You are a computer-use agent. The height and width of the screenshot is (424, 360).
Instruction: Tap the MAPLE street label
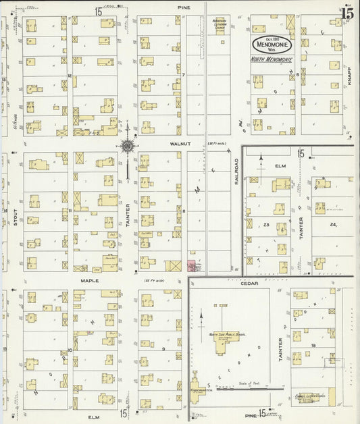[90, 280]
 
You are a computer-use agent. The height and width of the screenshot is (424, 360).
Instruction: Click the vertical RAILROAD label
[237, 174]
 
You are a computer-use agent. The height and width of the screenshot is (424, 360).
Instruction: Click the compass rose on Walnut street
[127, 145]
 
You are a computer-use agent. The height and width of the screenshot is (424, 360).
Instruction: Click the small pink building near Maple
[191, 265]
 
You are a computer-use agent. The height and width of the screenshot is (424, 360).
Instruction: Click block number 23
[267, 224]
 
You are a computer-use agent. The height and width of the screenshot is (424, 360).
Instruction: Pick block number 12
[70, 76]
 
